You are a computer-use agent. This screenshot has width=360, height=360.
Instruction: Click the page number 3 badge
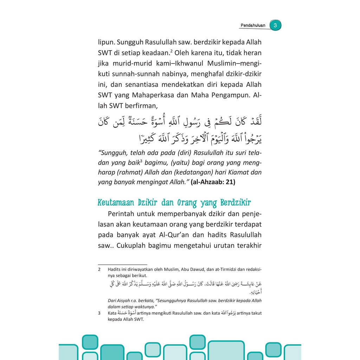tap(276, 26)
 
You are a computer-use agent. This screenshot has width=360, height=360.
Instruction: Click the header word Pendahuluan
tap(253, 26)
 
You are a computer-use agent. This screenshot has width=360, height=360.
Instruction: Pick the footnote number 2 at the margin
tap(99, 270)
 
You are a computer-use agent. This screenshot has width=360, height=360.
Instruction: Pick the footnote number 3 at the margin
tap(99, 313)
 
